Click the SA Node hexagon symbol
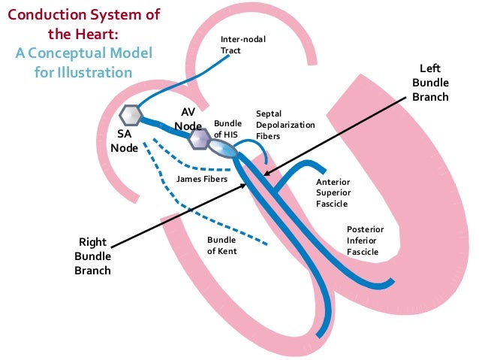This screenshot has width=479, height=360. point(131,115)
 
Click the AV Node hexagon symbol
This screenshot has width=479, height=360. point(200,139)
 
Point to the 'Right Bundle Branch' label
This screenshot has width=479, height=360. point(92,256)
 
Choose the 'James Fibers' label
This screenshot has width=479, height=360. point(202,179)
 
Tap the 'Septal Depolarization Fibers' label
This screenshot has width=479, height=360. point(285,124)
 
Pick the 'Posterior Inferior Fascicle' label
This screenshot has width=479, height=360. point(365,240)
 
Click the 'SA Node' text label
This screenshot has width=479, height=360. point(124,141)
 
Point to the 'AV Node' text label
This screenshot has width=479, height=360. point(188,118)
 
